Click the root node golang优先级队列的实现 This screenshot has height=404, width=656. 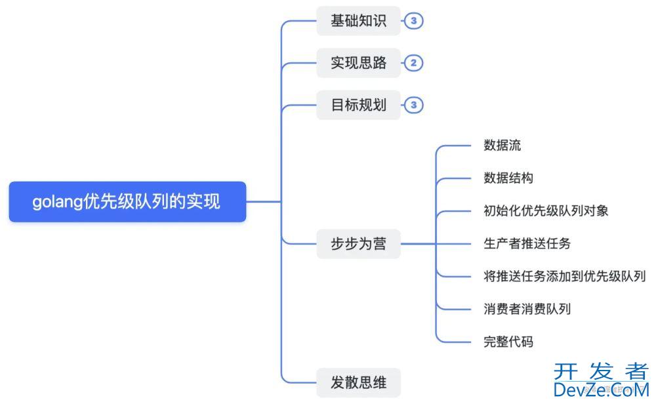pyautogui.click(x=127, y=202)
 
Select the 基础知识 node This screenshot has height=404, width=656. pyautogui.click(x=358, y=21)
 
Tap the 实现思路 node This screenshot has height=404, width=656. pyautogui.click(x=358, y=63)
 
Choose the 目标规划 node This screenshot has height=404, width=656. pyautogui.click(x=358, y=105)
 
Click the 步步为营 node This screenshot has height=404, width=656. pyautogui.click(x=358, y=244)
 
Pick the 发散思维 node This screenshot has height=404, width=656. pyautogui.click(x=358, y=382)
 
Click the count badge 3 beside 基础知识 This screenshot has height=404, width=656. pyautogui.click(x=413, y=21)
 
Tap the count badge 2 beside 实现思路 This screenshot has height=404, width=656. pyautogui.click(x=413, y=63)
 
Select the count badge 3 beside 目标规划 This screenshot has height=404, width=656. pyautogui.click(x=413, y=105)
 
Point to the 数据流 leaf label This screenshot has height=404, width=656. pyautogui.click(x=502, y=146)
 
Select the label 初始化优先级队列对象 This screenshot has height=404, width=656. pyautogui.click(x=546, y=211)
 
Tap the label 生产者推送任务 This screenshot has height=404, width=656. pyautogui.click(x=527, y=244)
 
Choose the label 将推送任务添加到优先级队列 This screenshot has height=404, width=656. pyautogui.click(x=565, y=276)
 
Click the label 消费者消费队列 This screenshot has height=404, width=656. pyautogui.click(x=527, y=309)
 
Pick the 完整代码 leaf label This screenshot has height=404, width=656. pyautogui.click(x=508, y=342)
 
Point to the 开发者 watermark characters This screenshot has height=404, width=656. pyautogui.click(x=601, y=372)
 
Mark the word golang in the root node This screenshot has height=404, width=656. pyautogui.click(x=58, y=202)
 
